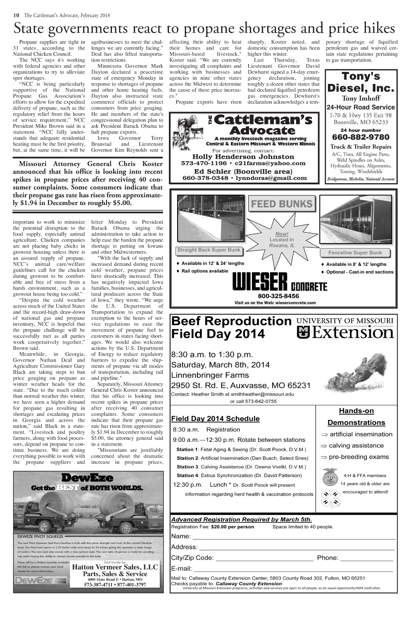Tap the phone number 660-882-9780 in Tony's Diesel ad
pyautogui.click(x=361, y=137)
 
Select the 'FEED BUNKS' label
pyautogui.click(x=282, y=204)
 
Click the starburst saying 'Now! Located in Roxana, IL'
pyautogui.click(x=281, y=239)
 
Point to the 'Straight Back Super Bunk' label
pyautogui.click(x=209, y=250)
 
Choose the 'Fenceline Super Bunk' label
pyautogui.click(x=355, y=253)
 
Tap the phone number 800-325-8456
pyautogui.click(x=278, y=296)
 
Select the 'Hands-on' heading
pyautogui.click(x=356, y=411)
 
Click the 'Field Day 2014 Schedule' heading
pyautogui.click(x=215, y=418)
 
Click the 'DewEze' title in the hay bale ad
pyautogui.click(x=87, y=478)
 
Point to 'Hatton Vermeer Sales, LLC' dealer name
pyautogui.click(x=115, y=567)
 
